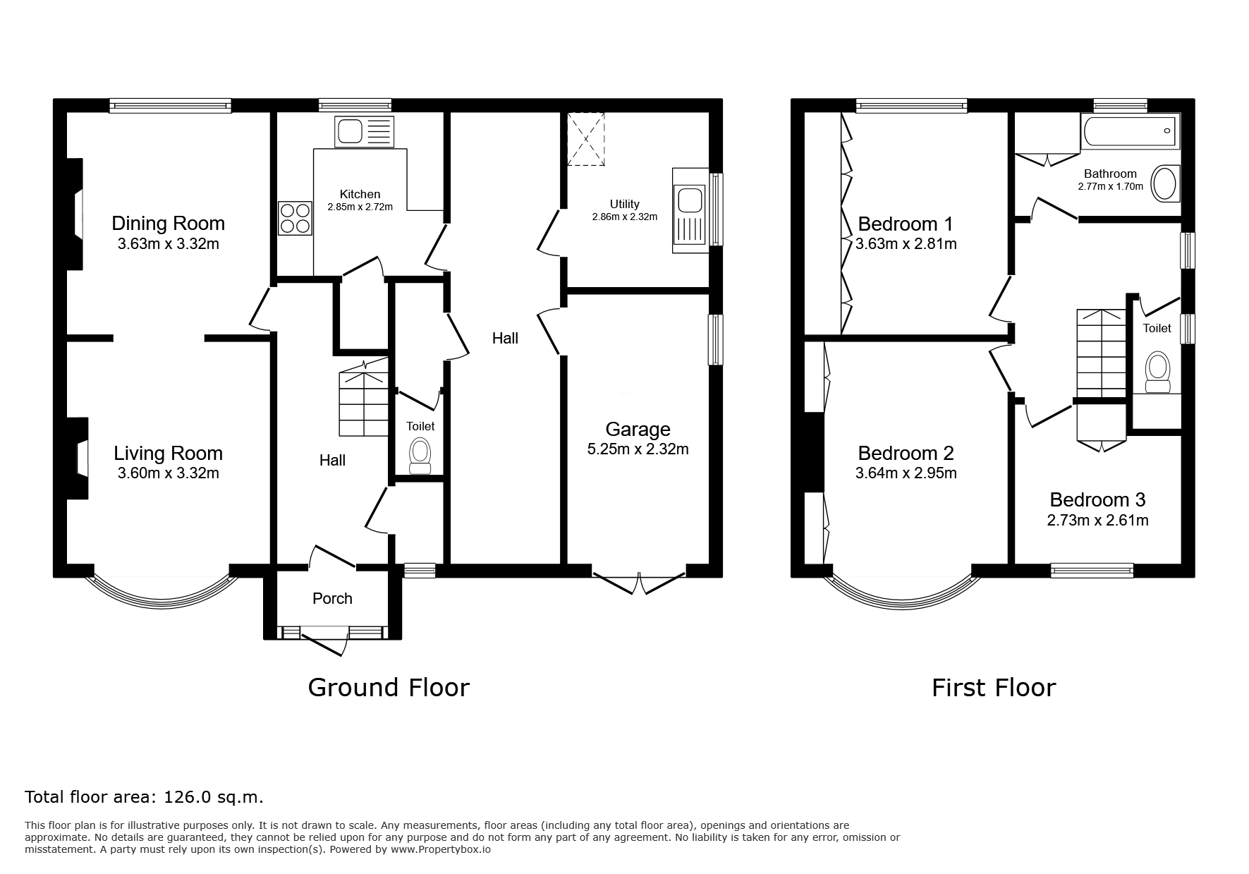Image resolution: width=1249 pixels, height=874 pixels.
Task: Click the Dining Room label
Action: click(x=168, y=224)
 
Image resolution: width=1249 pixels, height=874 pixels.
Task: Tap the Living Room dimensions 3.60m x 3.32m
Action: click(x=168, y=473)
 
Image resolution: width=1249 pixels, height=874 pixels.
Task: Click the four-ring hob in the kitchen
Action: click(x=296, y=218)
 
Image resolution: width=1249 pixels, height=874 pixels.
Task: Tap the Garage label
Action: click(x=638, y=429)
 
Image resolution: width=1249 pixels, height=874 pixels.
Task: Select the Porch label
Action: click(x=332, y=598)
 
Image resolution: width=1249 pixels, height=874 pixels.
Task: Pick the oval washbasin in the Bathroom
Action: click(x=1165, y=183)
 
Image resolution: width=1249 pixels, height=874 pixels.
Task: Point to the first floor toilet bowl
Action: click(x=1157, y=372)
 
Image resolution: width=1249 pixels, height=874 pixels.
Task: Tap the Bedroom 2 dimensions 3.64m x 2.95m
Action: click(x=906, y=473)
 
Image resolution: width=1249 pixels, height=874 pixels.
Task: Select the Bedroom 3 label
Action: click(x=1097, y=500)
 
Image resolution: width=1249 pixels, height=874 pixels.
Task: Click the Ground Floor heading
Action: click(x=389, y=687)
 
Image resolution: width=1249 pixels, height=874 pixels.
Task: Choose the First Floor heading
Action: click(x=994, y=687)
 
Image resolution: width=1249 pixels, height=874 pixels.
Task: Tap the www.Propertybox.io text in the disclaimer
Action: click(x=440, y=849)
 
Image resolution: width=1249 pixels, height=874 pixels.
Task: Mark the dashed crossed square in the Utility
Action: click(x=586, y=139)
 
